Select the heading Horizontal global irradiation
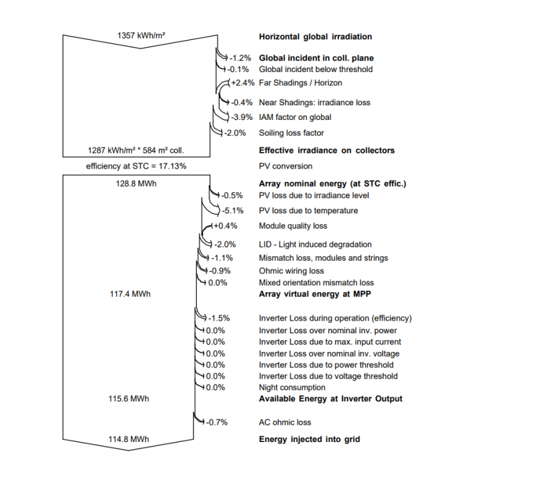[315, 37]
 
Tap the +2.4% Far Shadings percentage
[240, 83]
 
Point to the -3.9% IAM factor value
[238, 117]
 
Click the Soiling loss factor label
[291, 133]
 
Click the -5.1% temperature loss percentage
[234, 211]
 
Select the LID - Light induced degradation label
[315, 245]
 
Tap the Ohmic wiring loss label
[291, 271]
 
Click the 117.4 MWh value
[130, 293]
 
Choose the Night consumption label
[292, 387]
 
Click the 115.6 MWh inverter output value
[130, 399]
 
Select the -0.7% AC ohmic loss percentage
[218, 422]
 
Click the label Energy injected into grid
[309, 439]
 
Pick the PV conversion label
[285, 166]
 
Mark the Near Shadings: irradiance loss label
[314, 103]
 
